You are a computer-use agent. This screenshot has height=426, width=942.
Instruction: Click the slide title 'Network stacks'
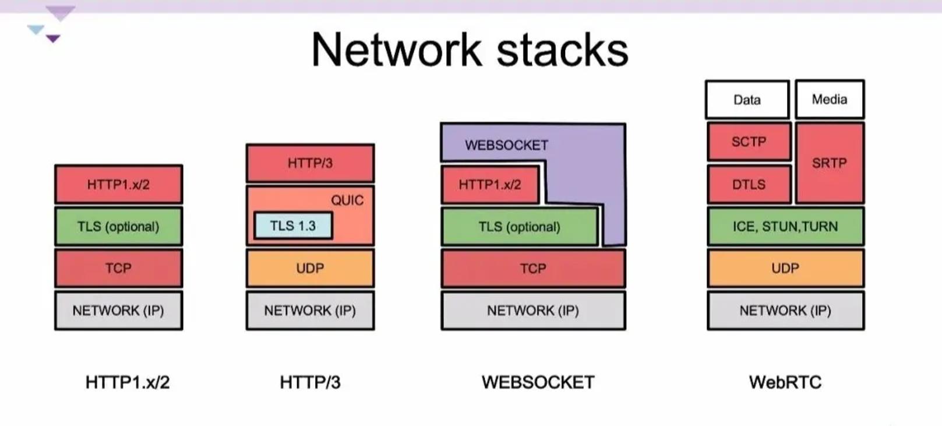[470, 50]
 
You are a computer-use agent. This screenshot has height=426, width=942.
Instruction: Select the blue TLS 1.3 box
[293, 226]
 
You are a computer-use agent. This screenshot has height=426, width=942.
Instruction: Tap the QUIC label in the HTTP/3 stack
[347, 200]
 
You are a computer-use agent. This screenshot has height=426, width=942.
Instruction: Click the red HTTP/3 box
[310, 163]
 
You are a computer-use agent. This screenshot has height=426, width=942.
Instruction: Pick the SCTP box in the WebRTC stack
[749, 142]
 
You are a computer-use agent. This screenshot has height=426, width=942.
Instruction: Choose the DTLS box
[749, 185]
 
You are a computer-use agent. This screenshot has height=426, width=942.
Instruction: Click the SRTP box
[830, 163]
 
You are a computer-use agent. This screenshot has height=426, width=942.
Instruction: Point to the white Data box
[747, 100]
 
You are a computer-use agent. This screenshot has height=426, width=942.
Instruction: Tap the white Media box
[830, 100]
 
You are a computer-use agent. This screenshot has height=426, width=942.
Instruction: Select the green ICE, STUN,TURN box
[785, 227]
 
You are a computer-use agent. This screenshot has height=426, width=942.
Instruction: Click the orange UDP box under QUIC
[310, 269]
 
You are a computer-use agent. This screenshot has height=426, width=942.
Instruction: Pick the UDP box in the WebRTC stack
[785, 269]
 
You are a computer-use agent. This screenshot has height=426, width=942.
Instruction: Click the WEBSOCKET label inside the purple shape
[506, 145]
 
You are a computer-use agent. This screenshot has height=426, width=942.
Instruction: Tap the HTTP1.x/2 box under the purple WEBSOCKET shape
[490, 185]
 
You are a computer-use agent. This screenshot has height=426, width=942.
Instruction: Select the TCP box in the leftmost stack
[118, 269]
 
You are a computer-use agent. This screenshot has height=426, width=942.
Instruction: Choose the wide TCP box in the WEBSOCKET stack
[533, 269]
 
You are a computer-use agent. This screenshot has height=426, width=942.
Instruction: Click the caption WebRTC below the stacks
[785, 382]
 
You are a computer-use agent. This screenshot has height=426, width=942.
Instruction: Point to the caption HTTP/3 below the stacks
[310, 382]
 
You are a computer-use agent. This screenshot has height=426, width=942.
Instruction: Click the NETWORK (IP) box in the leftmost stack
[118, 311]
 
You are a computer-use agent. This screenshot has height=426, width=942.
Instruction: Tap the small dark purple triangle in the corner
[53, 38]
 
